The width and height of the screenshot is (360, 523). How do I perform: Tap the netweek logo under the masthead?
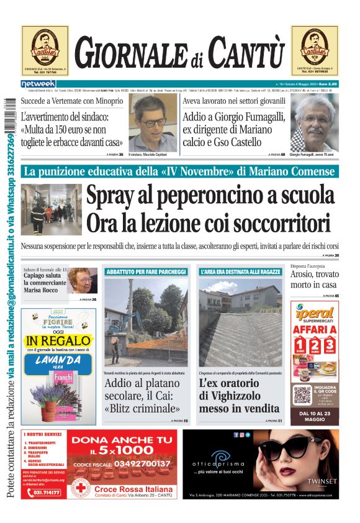(x=38, y=83)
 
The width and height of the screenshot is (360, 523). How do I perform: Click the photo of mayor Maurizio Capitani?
(x=153, y=121)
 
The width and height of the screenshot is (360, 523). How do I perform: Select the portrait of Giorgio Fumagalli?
(x=314, y=122)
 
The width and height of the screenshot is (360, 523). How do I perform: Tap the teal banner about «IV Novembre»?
(x=180, y=171)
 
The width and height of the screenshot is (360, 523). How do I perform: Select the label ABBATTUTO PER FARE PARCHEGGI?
(x=146, y=272)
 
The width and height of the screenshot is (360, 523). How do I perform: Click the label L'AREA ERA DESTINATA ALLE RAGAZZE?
(x=241, y=272)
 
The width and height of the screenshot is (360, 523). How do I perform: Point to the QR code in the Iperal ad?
(x=302, y=394)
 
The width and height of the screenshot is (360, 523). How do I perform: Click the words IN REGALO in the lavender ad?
(x=58, y=340)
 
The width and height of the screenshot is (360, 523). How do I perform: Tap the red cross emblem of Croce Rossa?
(x=79, y=489)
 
